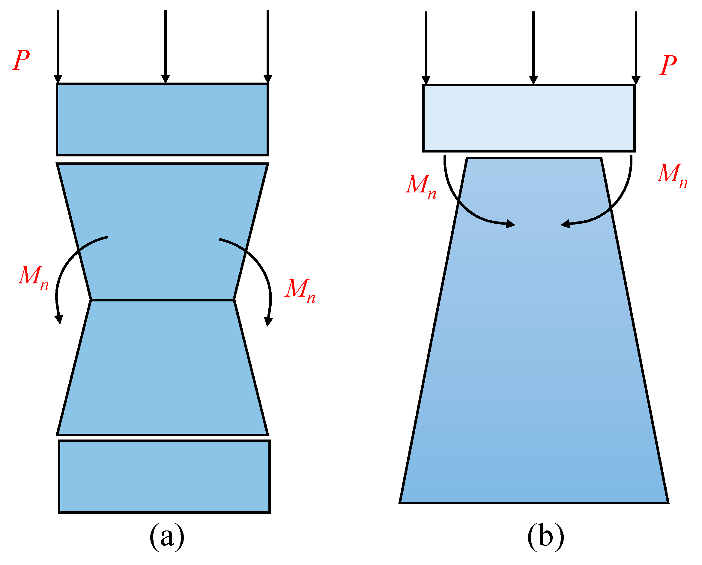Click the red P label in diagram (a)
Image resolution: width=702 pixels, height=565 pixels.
22,60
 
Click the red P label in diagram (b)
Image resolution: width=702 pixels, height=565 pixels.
668,65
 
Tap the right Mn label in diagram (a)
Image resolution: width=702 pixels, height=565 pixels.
300,291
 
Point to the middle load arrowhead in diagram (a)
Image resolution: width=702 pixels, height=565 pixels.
166,79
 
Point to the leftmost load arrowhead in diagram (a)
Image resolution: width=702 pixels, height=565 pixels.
58,79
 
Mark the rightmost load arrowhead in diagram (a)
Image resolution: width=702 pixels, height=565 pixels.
268,79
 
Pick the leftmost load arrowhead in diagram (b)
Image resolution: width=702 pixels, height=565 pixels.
426,80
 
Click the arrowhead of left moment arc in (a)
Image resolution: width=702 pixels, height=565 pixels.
59,319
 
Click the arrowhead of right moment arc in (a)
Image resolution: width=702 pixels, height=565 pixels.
268,322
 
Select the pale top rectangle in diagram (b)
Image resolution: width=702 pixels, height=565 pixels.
529,118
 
